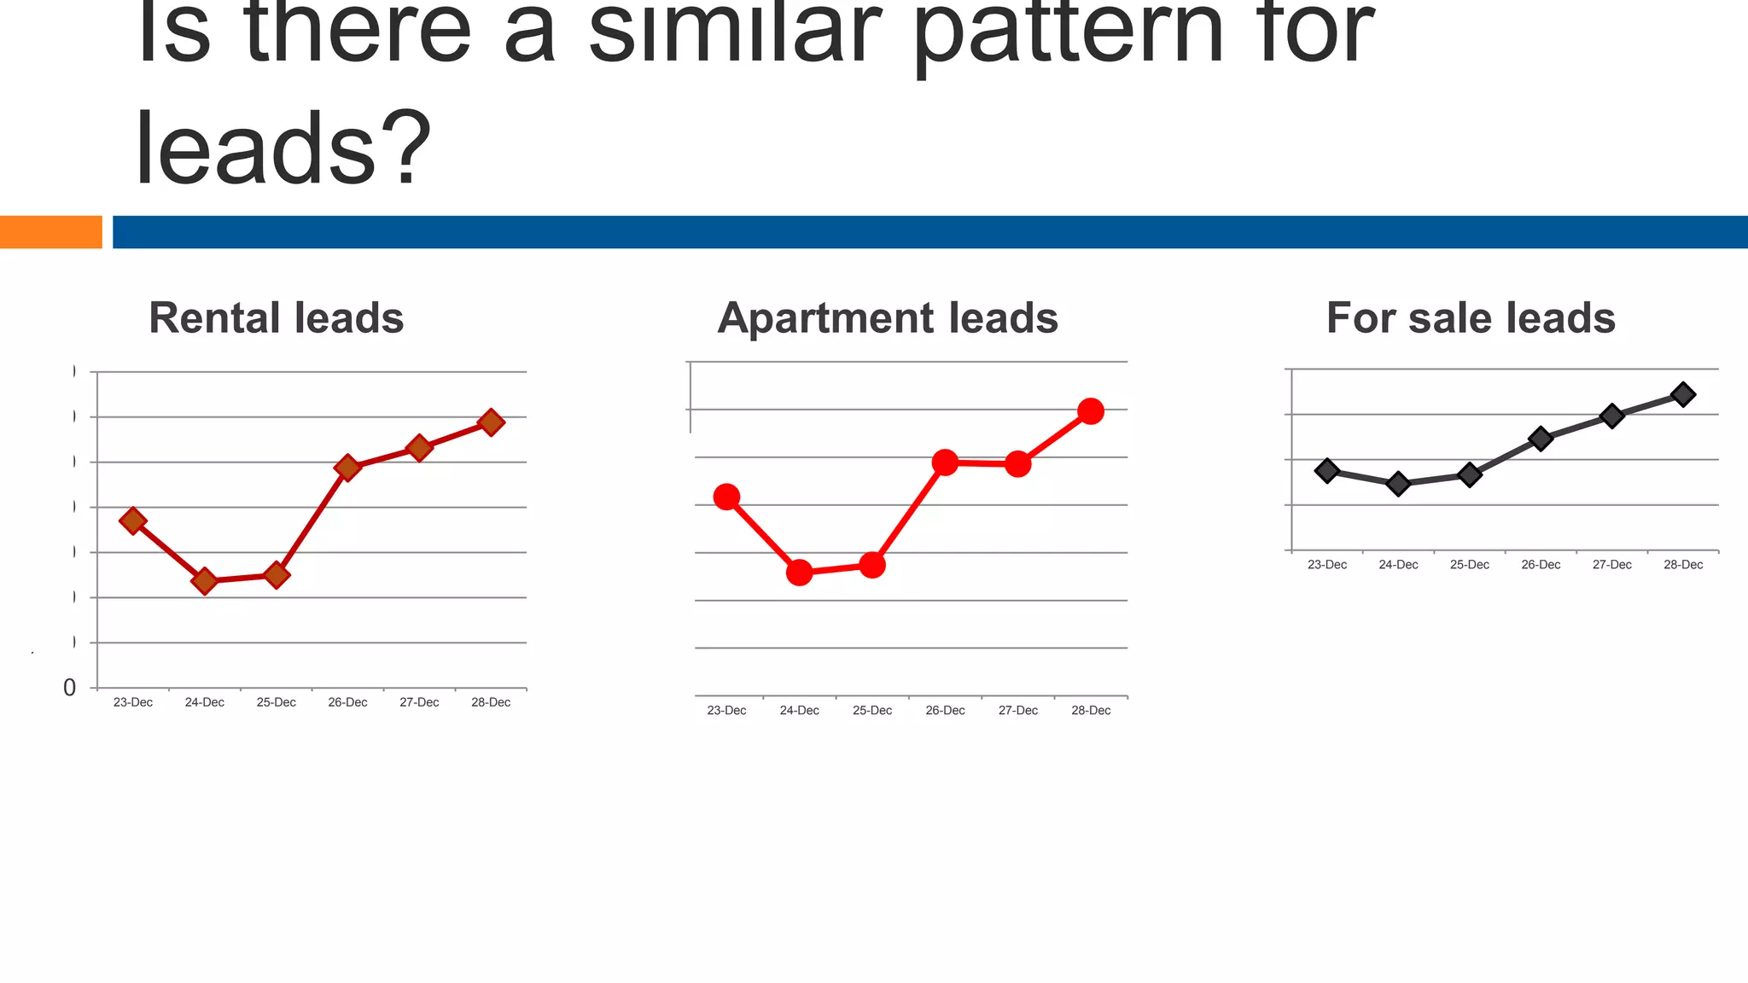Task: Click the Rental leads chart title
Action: (276, 318)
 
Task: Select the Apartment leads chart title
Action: (888, 318)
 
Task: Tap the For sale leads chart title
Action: (1471, 318)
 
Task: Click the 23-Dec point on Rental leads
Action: (132, 521)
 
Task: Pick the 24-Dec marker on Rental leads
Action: (204, 581)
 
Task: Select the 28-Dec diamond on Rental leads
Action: (491, 422)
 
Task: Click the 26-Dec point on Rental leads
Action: (347, 468)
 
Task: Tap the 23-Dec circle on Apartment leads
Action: (726, 497)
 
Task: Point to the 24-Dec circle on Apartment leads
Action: (799, 573)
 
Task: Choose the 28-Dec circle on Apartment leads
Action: (1091, 411)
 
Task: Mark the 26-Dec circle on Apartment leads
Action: (945, 462)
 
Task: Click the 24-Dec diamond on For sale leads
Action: (1398, 484)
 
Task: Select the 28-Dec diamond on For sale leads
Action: (1683, 394)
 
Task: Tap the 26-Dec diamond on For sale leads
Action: (1541, 439)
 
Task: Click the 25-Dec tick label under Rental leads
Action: (276, 702)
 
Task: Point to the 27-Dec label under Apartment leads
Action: (1018, 711)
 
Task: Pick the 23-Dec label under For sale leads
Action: (1327, 565)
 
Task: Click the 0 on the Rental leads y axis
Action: (70, 688)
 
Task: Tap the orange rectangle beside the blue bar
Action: (50, 232)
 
